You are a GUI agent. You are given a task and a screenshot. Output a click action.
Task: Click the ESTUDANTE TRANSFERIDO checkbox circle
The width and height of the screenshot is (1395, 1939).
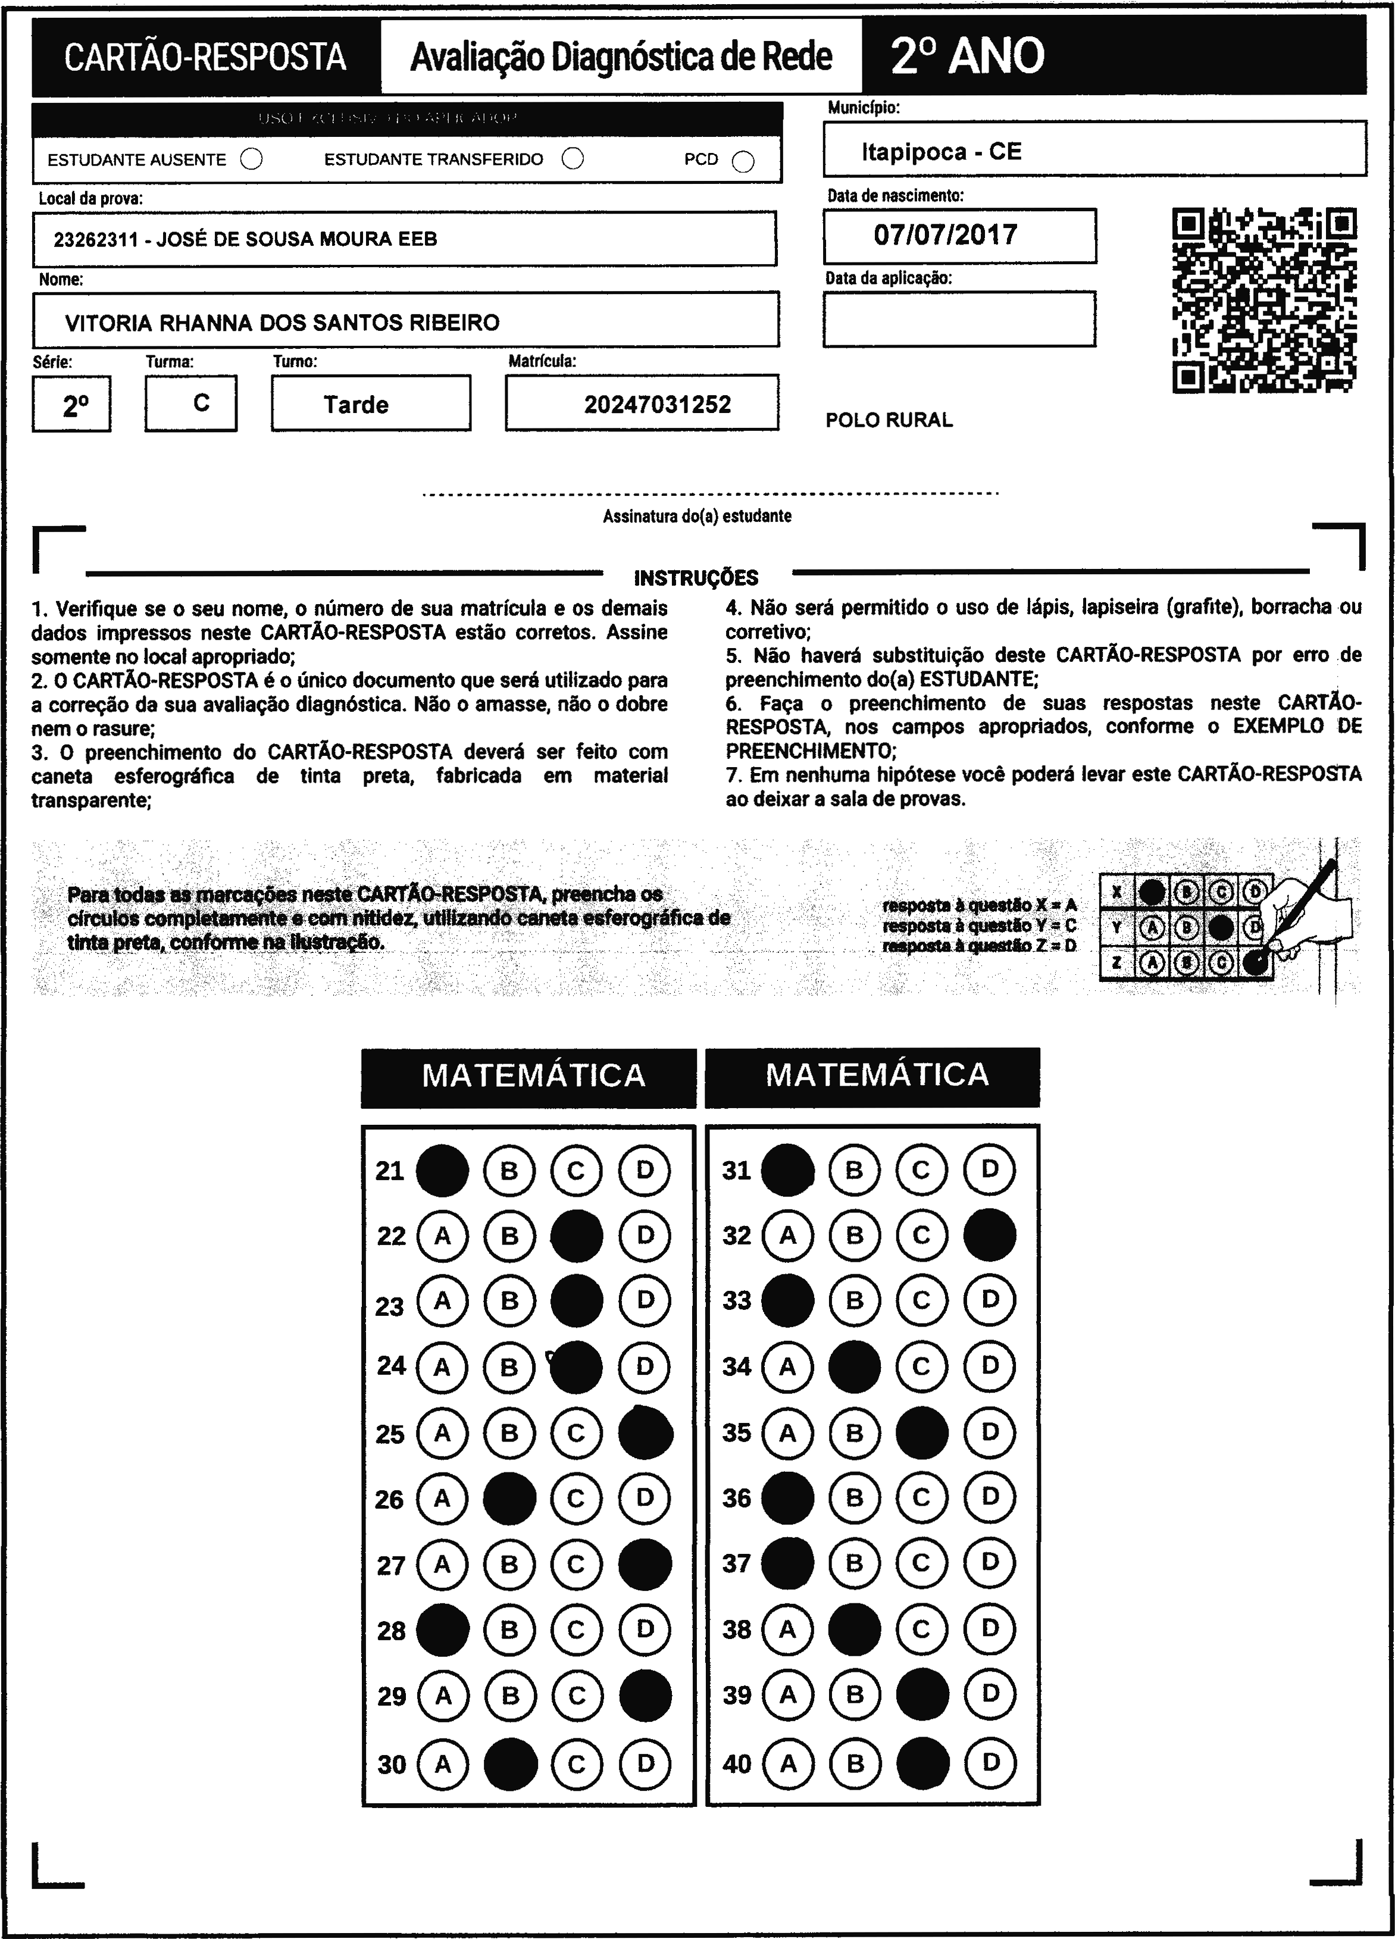coord(573,158)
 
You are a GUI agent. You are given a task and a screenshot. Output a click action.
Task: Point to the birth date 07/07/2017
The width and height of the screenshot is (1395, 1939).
coord(946,235)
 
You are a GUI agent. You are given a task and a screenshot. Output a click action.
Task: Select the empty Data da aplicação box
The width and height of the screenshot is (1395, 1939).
coord(959,319)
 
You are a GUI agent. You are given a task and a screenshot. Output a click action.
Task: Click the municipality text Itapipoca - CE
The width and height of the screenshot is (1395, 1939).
coord(941,152)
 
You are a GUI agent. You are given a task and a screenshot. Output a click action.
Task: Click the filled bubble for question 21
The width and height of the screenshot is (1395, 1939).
coord(442,1169)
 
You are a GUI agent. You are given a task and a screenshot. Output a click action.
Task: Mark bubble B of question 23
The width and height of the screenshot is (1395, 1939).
coord(509,1300)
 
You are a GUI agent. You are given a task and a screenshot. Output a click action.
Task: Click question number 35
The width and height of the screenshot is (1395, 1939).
coord(736,1432)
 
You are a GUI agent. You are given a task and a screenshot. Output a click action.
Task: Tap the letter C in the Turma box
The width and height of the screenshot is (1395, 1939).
coord(201,403)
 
